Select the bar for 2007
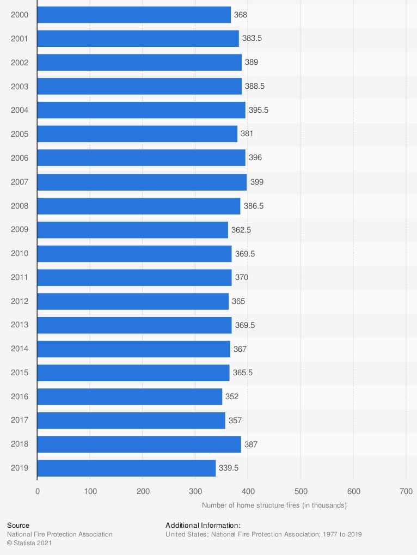point(142,182)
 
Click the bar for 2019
point(126,468)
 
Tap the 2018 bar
point(139,444)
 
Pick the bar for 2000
point(134,15)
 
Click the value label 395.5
point(259,110)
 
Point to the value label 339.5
point(229,468)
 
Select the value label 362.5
point(241,230)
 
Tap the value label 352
point(232,397)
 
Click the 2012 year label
point(20,301)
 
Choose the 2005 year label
point(20,134)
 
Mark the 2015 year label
point(20,373)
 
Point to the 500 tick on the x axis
point(301,491)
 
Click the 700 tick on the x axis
point(406,491)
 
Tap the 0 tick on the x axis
point(38,491)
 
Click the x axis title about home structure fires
point(274,505)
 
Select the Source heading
point(19,526)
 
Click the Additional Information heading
point(203,526)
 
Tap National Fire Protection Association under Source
point(60,534)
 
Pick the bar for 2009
point(132,230)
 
